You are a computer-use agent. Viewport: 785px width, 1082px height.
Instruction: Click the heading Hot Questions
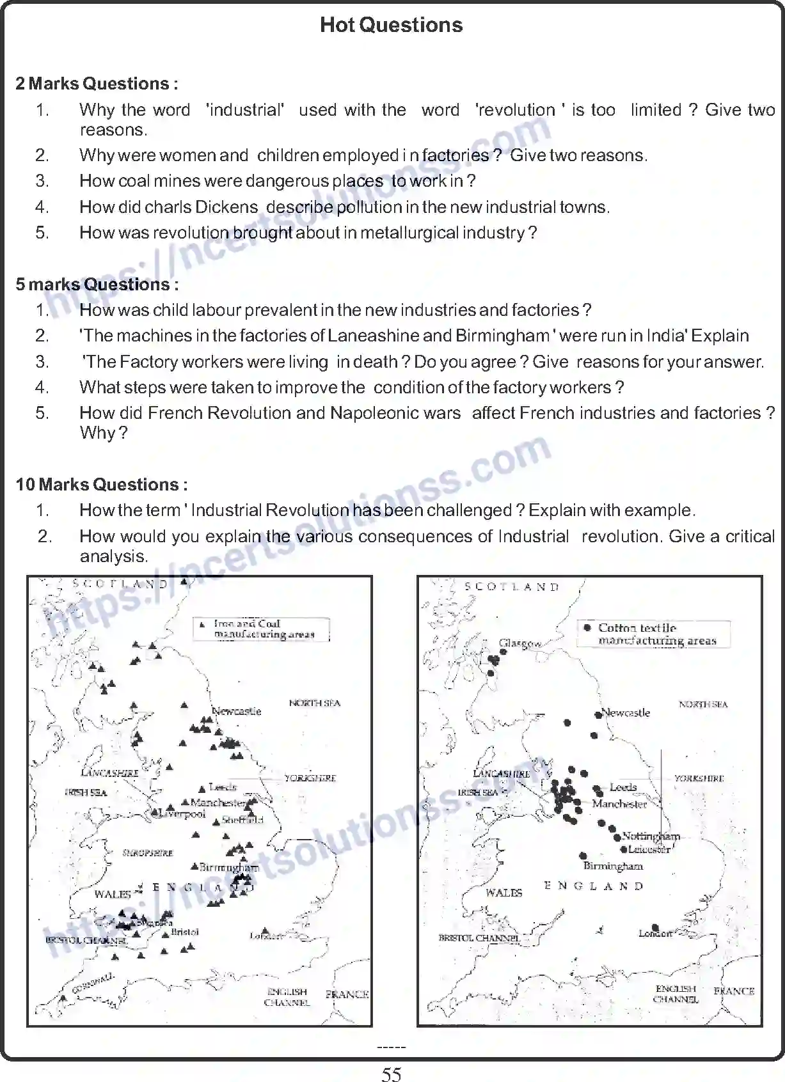click(391, 25)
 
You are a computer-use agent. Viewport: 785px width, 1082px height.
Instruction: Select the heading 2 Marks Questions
click(97, 84)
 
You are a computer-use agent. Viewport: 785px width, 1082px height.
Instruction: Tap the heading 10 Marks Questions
click(102, 485)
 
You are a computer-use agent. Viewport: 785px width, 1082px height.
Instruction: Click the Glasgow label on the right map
click(521, 643)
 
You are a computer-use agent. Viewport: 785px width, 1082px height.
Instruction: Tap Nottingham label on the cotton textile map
click(651, 836)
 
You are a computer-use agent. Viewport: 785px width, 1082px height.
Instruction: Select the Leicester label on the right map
click(649, 849)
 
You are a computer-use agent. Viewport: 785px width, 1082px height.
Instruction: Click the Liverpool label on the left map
click(183, 815)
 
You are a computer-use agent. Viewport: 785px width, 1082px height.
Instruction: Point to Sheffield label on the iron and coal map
click(242, 820)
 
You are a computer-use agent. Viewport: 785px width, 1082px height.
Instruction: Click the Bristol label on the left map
click(186, 932)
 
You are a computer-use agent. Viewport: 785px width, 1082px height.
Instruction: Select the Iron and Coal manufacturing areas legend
click(262, 629)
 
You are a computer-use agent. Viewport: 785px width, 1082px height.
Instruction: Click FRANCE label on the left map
click(347, 994)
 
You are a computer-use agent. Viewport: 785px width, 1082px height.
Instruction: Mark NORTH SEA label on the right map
click(702, 704)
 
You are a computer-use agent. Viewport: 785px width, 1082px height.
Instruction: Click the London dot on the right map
click(654, 927)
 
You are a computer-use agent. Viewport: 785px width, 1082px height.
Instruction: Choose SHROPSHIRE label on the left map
click(148, 853)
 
